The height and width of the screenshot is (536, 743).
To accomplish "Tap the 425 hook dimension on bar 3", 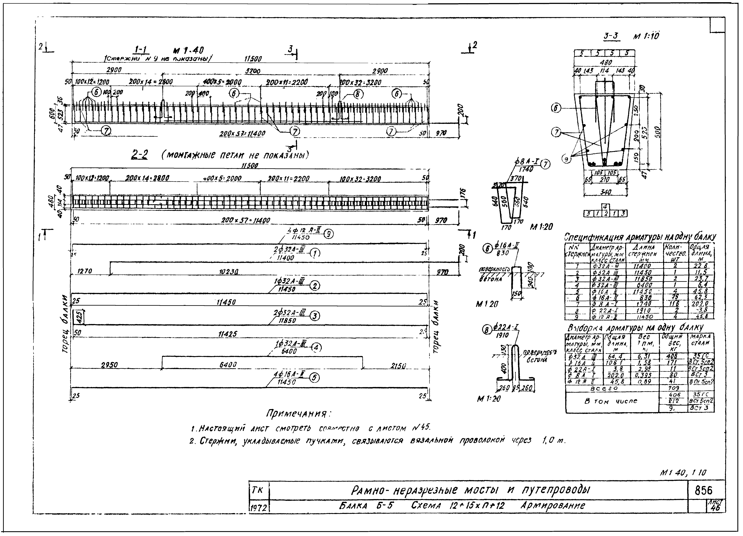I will point(79,317).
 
